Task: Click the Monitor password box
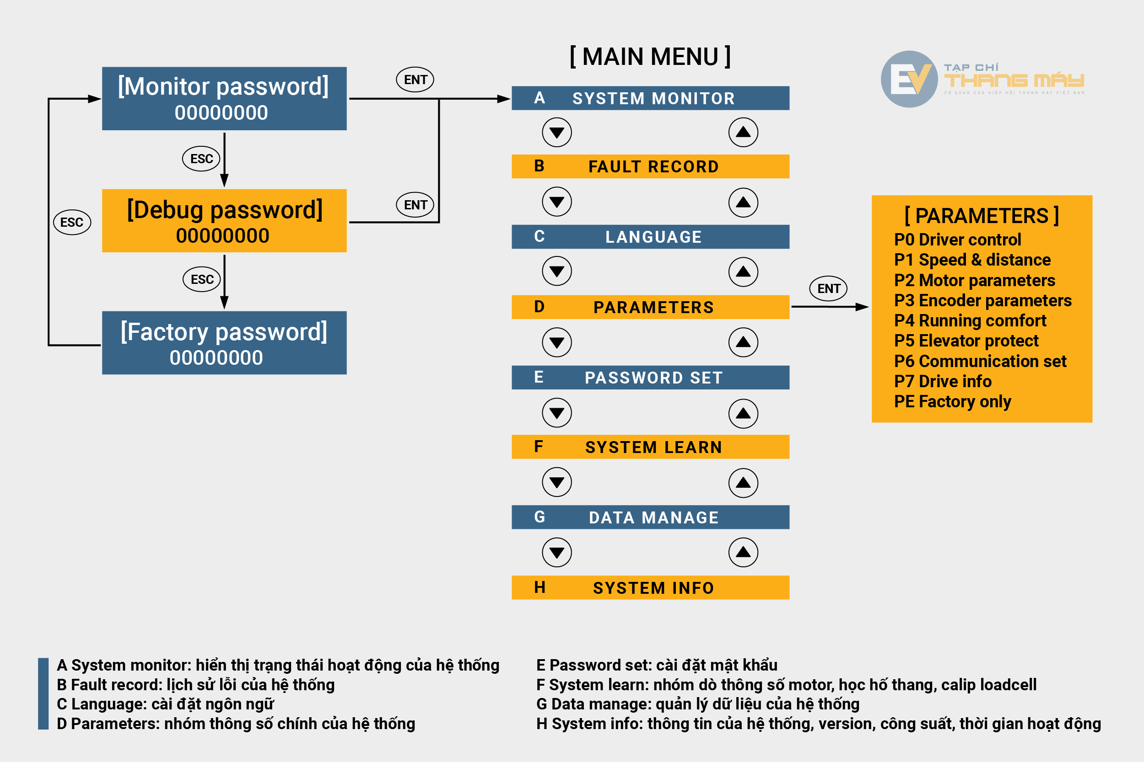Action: point(224,99)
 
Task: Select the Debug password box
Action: point(224,221)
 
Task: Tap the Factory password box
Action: point(224,343)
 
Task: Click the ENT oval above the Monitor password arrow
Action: point(415,80)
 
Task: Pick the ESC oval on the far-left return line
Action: point(72,223)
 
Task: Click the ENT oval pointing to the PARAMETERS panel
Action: point(828,289)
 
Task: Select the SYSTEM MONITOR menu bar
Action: point(650,98)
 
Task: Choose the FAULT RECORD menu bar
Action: point(650,167)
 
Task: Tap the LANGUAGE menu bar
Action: point(650,237)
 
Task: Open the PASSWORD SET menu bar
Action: point(650,378)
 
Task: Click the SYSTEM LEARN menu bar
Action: point(650,447)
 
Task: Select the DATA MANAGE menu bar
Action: point(650,517)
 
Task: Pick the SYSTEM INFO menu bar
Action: point(650,587)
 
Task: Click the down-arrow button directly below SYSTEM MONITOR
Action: point(557,132)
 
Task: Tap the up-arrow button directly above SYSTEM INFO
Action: point(743,552)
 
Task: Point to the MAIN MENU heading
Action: point(650,57)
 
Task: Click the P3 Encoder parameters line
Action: point(982,301)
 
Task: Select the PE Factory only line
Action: point(952,402)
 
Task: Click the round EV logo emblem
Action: point(909,79)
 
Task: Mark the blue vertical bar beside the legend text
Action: point(43,693)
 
